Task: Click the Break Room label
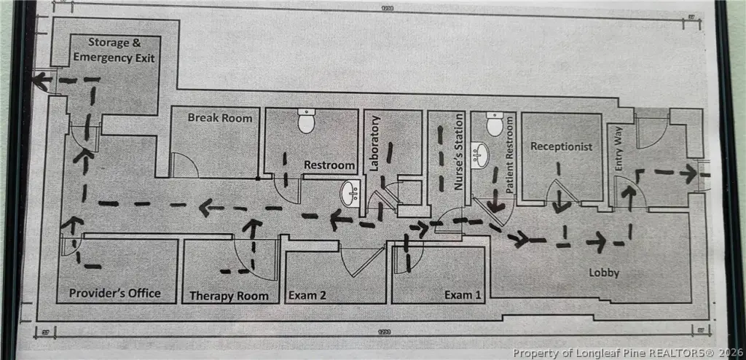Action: pyautogui.click(x=220, y=117)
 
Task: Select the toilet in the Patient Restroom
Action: pyautogui.click(x=495, y=125)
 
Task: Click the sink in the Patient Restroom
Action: pyautogui.click(x=479, y=157)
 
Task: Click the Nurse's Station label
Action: pyautogui.click(x=459, y=152)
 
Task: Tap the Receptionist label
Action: pyautogui.click(x=561, y=146)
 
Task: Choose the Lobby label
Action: pyautogui.click(x=604, y=273)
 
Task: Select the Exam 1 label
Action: pyautogui.click(x=463, y=296)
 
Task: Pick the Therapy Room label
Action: pyautogui.click(x=229, y=296)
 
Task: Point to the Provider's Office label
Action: pyautogui.click(x=114, y=294)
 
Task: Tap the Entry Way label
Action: pyautogui.click(x=619, y=157)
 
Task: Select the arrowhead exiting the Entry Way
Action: pyautogui.click(x=688, y=173)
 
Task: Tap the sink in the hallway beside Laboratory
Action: pyautogui.click(x=351, y=194)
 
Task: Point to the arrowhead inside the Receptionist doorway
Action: pyautogui.click(x=560, y=206)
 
